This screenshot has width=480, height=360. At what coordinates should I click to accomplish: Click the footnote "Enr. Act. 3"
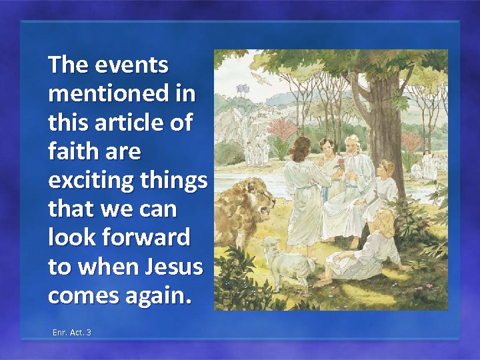click(71, 331)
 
